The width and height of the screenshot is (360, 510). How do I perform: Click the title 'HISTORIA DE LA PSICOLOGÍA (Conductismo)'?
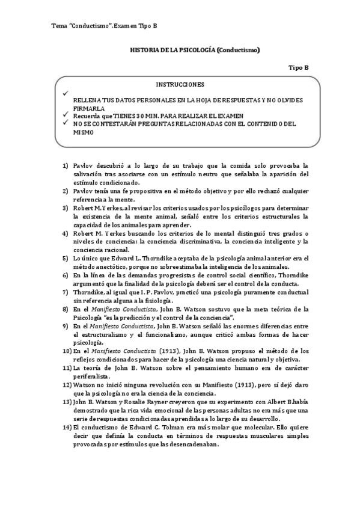(195, 51)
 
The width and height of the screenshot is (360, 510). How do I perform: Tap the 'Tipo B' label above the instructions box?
(298, 67)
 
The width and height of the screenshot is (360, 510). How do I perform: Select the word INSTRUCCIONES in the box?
(180, 85)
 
